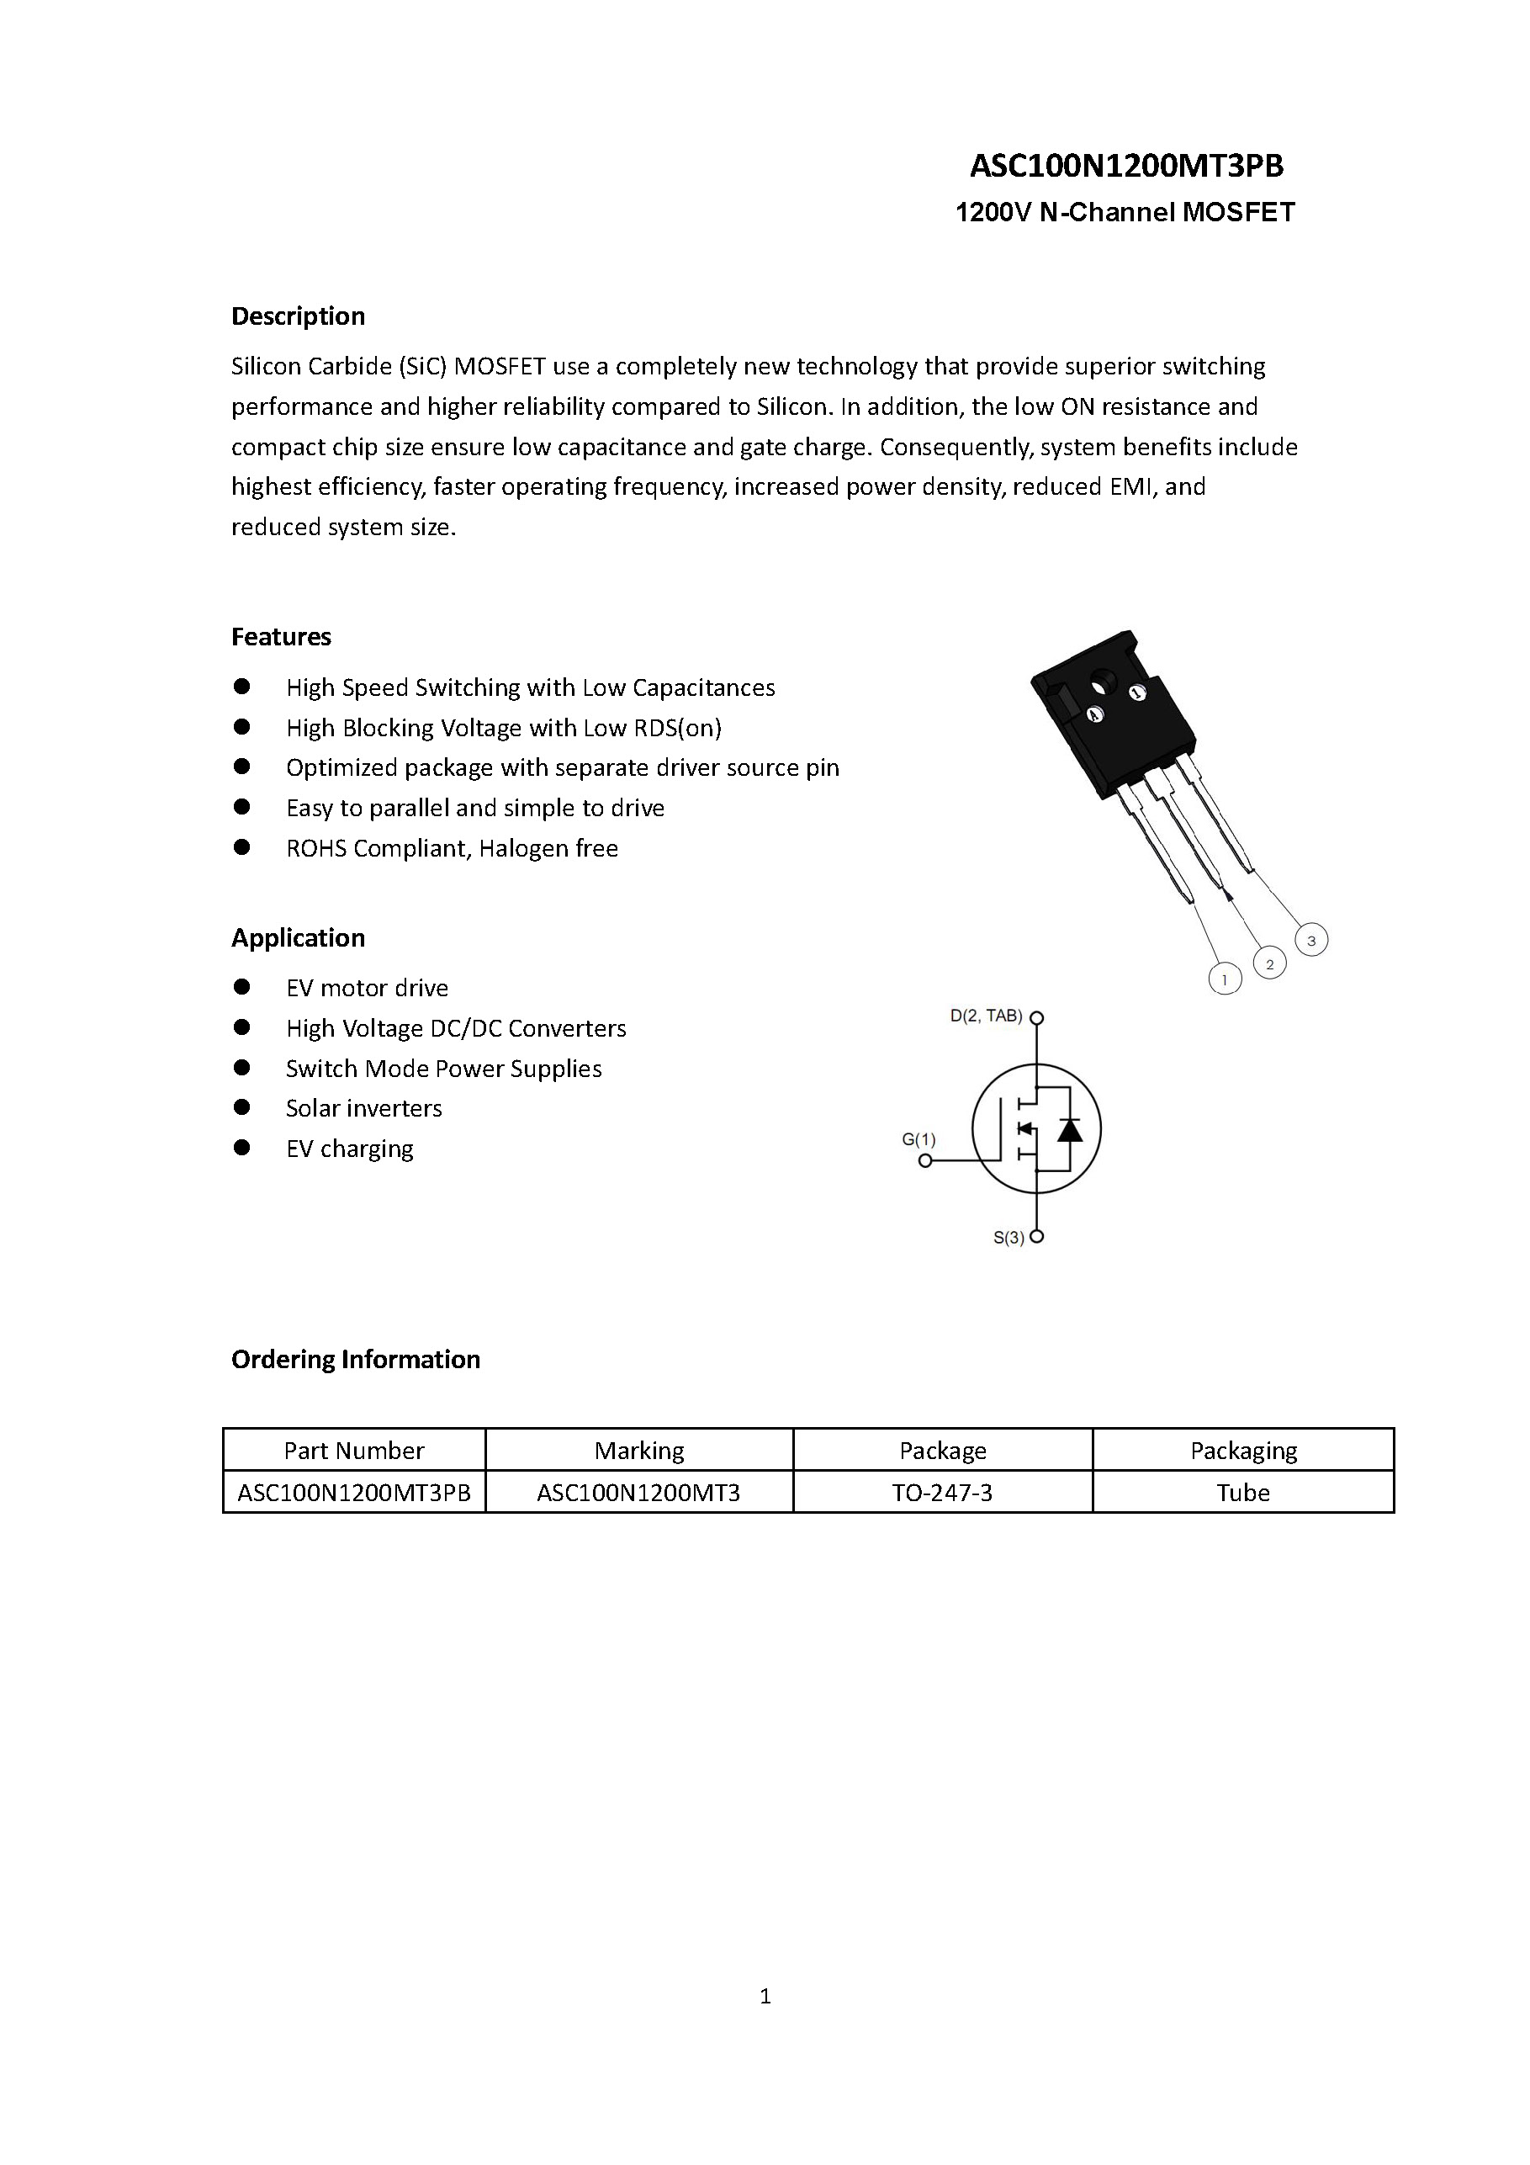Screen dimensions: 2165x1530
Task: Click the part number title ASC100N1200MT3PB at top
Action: click(x=1125, y=166)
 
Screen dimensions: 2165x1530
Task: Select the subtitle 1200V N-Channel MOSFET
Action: click(x=1125, y=212)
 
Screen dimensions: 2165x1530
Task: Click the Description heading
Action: click(x=298, y=316)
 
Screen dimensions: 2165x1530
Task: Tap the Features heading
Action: click(x=281, y=636)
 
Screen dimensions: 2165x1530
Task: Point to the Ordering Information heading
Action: click(x=356, y=1359)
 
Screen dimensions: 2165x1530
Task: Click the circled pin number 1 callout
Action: click(x=1225, y=979)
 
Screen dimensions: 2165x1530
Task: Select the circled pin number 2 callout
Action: click(x=1270, y=963)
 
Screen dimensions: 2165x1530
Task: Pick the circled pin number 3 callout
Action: click(x=1311, y=940)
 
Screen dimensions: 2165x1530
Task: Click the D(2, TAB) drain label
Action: click(x=985, y=1016)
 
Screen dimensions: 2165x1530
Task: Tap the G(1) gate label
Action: click(x=919, y=1139)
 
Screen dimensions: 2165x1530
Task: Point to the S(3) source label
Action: click(x=1009, y=1238)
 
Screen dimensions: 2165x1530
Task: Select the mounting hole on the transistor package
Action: click(x=1103, y=679)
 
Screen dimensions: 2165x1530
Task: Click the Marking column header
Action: click(x=639, y=1451)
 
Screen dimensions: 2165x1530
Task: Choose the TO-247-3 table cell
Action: click(x=942, y=1493)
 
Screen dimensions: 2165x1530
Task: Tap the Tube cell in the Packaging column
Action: click(x=1242, y=1493)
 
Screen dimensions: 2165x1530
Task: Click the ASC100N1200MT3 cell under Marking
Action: click(x=638, y=1493)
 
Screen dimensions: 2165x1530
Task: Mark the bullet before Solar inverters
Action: click(x=242, y=1107)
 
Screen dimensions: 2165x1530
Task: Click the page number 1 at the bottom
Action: click(x=765, y=1996)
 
